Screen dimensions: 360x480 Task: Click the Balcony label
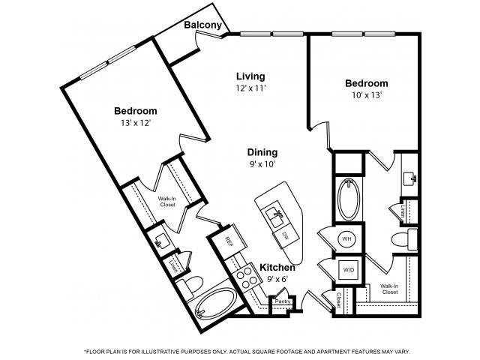click(202, 25)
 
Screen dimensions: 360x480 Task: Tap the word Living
click(250, 76)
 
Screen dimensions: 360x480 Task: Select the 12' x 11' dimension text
click(250, 88)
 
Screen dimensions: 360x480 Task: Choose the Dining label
click(262, 151)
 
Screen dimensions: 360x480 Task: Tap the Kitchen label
click(277, 267)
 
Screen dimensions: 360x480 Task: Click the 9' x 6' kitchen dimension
click(276, 279)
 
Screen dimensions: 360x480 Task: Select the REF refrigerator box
click(229, 239)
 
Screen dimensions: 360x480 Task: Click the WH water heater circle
click(347, 239)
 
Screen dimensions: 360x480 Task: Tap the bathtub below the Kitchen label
click(216, 304)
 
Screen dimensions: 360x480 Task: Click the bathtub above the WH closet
click(349, 198)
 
